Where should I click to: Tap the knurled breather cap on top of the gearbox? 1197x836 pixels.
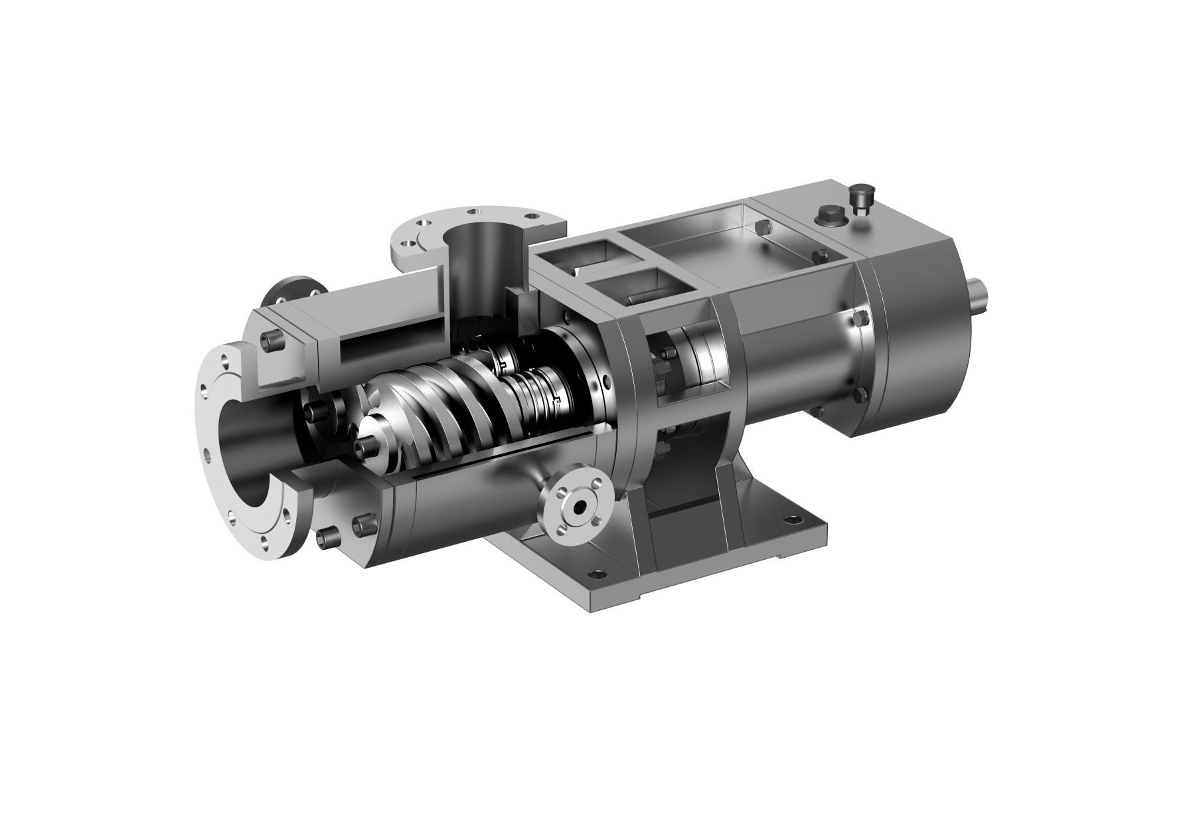coord(861,199)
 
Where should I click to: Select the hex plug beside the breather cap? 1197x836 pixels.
coord(828,216)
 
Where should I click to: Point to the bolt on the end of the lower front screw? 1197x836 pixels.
coord(364,445)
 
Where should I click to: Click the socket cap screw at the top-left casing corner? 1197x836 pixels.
coord(270,341)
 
